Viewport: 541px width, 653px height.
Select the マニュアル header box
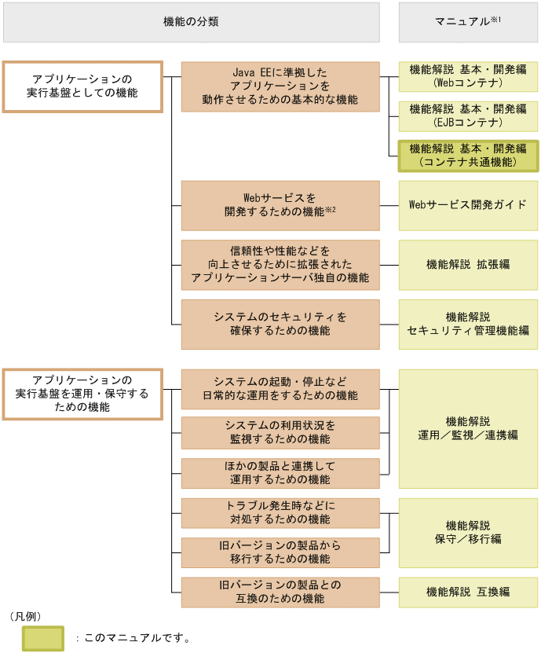(468, 22)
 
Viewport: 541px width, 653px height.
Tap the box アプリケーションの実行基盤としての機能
(82, 86)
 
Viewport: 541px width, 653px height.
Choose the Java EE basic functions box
(280, 86)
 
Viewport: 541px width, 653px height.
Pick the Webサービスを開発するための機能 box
(280, 205)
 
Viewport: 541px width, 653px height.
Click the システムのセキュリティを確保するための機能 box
(280, 324)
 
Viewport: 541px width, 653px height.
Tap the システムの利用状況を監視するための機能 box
(280, 432)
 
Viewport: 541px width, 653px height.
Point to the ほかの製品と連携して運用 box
(280, 473)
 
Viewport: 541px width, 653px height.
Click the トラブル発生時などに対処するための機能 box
(280, 512)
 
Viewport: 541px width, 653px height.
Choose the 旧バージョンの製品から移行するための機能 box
(280, 552)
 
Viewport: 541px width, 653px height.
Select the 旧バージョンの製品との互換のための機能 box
(280, 592)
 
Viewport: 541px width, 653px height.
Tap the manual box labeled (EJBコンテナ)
(468, 116)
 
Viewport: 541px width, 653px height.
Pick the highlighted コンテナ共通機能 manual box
(468, 156)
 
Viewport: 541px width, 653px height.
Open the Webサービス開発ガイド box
(468, 205)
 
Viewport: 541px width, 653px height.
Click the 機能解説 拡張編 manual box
(468, 265)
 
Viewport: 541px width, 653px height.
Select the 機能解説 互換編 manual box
(468, 592)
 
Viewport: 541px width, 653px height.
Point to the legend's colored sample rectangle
(43, 638)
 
